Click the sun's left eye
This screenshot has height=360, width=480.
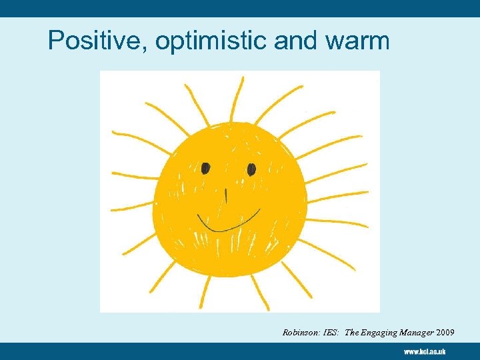pos(206,167)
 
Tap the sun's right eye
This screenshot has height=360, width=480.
pos(251,169)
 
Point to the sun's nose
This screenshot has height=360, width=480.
pos(226,195)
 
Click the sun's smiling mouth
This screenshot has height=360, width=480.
pos(227,221)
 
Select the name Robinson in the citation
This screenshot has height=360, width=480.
pos(299,331)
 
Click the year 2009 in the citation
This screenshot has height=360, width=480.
pos(445,331)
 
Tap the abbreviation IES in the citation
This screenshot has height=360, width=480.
pos(329,331)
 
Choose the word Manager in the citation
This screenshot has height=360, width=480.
pos(417,331)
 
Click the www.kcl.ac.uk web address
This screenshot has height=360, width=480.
pos(424,351)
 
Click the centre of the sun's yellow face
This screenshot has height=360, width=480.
pos(229,198)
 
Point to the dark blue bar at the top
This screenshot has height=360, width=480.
pos(240,8)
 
